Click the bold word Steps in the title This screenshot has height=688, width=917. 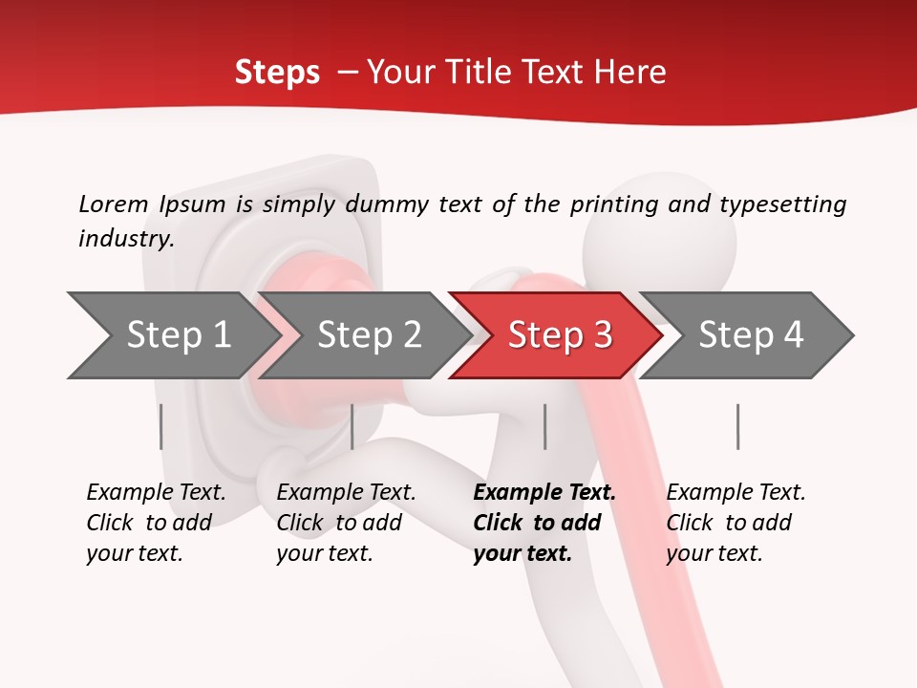277,72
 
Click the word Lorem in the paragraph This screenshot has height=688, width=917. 114,204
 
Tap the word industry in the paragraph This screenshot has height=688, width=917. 125,238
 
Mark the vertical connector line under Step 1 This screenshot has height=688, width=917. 161,426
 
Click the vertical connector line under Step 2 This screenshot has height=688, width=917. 352,426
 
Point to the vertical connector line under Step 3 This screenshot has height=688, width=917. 545,426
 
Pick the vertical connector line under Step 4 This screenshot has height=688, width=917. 738,426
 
